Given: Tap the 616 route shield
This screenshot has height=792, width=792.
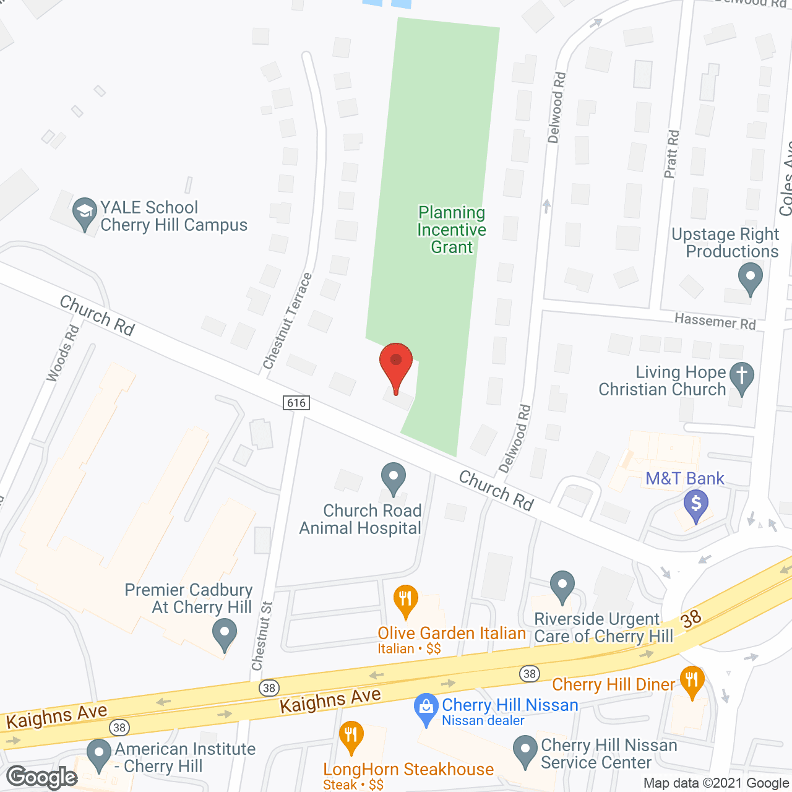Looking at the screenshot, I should tap(296, 403).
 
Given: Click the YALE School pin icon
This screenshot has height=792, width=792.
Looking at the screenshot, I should tap(85, 212).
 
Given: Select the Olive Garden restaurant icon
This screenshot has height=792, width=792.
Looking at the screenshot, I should tap(405, 600).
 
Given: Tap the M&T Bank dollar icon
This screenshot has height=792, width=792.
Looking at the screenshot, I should tap(696, 505).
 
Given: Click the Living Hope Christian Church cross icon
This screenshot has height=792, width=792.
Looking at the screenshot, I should tap(742, 377).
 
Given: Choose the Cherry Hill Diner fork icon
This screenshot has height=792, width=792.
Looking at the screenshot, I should tap(692, 681).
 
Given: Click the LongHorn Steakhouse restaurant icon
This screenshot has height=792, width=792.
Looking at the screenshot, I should tap(351, 736).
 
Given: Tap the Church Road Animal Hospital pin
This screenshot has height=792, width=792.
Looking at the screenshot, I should tap(393, 479).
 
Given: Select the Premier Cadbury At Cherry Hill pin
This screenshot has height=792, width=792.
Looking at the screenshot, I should tap(224, 635).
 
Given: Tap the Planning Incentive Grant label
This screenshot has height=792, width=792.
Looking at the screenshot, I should tap(452, 230).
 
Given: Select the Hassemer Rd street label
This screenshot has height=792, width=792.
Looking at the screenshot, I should tap(715, 321).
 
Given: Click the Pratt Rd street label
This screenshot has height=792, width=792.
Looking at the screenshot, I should tap(671, 154).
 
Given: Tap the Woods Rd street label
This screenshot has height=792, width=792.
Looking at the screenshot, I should tap(63, 353).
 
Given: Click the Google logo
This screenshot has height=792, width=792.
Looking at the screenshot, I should tap(42, 777).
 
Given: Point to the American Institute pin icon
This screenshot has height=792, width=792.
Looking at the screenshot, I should tap(98, 755).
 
